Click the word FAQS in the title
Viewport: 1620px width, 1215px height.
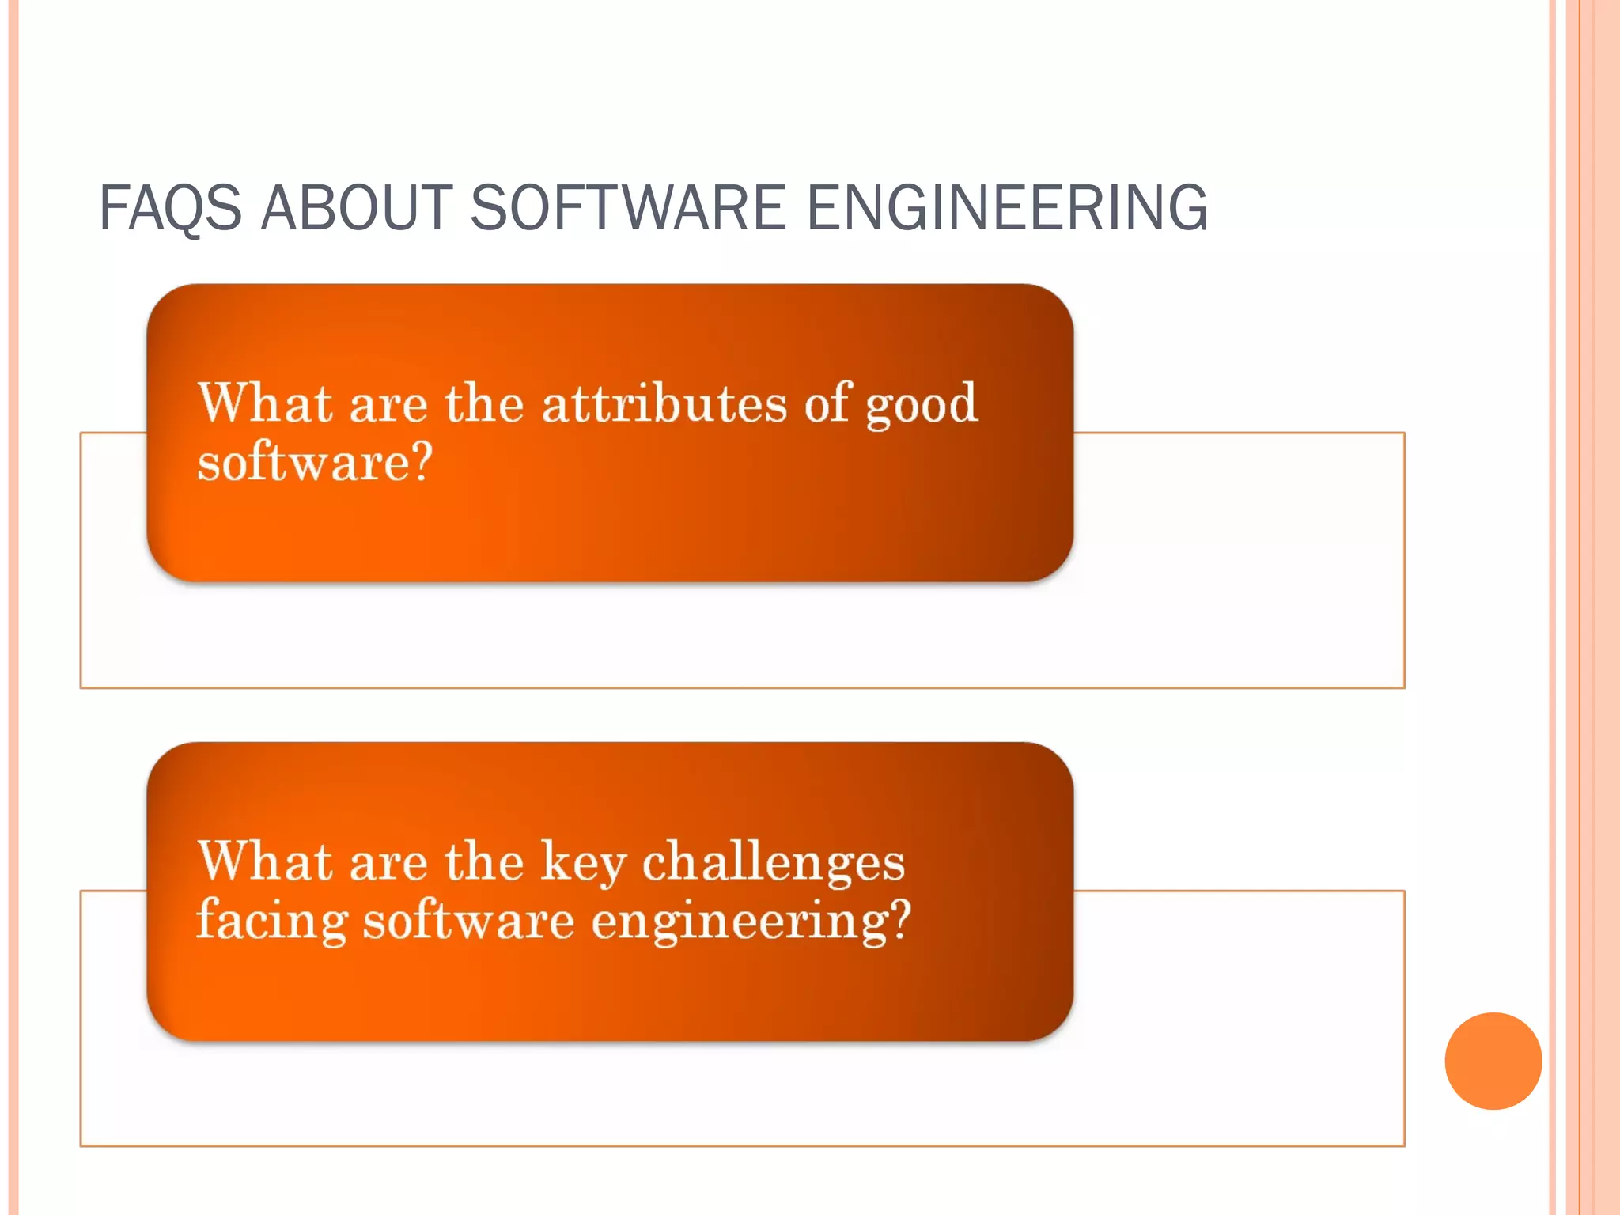[x=170, y=207]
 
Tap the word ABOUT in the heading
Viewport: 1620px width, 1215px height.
[x=356, y=207]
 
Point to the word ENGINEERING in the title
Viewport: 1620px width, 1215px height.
[x=1006, y=207]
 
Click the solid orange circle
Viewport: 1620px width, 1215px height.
[x=1493, y=1061]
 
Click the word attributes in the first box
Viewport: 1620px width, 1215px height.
[x=664, y=403]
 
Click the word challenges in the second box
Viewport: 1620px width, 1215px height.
[x=773, y=861]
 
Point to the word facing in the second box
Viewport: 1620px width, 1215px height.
[x=272, y=922]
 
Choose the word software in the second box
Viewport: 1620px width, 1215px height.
[x=468, y=922]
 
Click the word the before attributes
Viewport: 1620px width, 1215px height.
[x=484, y=403]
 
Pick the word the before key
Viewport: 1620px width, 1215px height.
[x=484, y=861]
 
